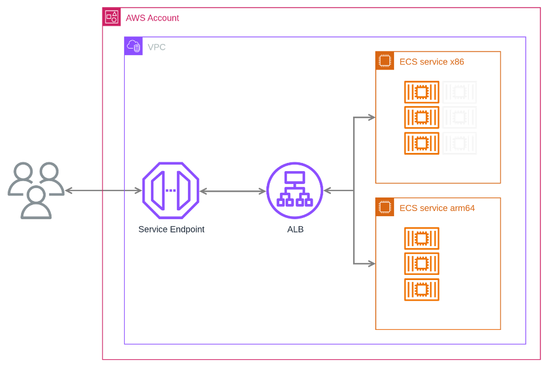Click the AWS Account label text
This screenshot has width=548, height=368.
152,18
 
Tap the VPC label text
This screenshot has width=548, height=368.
156,47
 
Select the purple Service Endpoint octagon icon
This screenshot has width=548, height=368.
170,190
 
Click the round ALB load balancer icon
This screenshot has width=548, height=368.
294,190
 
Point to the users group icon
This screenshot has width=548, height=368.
36,190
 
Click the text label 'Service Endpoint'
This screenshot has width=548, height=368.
172,229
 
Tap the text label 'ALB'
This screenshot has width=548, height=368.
295,229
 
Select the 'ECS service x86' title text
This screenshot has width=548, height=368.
431,62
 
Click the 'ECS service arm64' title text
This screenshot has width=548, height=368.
437,208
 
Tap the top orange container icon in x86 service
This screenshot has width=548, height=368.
422,92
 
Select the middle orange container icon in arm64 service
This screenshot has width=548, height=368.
422,264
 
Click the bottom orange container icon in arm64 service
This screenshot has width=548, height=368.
422,289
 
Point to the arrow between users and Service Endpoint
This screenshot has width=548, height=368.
103,190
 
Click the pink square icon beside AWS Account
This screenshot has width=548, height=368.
112,17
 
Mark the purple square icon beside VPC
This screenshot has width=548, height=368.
133,46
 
